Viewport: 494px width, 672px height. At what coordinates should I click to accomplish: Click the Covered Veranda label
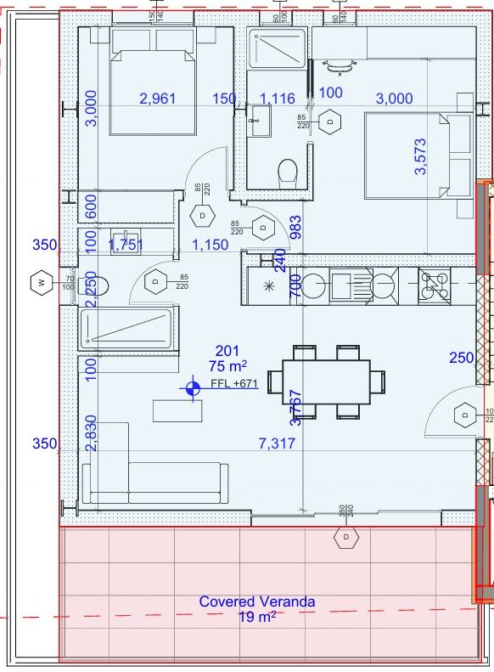257,601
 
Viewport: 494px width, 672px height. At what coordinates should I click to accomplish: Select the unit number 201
227,351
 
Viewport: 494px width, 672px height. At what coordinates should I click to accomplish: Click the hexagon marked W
40,283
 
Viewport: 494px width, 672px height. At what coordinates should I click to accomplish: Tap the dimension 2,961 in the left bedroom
157,99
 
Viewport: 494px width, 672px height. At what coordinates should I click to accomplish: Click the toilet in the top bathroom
288,172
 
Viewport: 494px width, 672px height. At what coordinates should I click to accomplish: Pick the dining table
325,381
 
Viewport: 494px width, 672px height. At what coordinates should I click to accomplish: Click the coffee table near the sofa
178,410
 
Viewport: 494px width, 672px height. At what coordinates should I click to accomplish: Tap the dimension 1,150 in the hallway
210,245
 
